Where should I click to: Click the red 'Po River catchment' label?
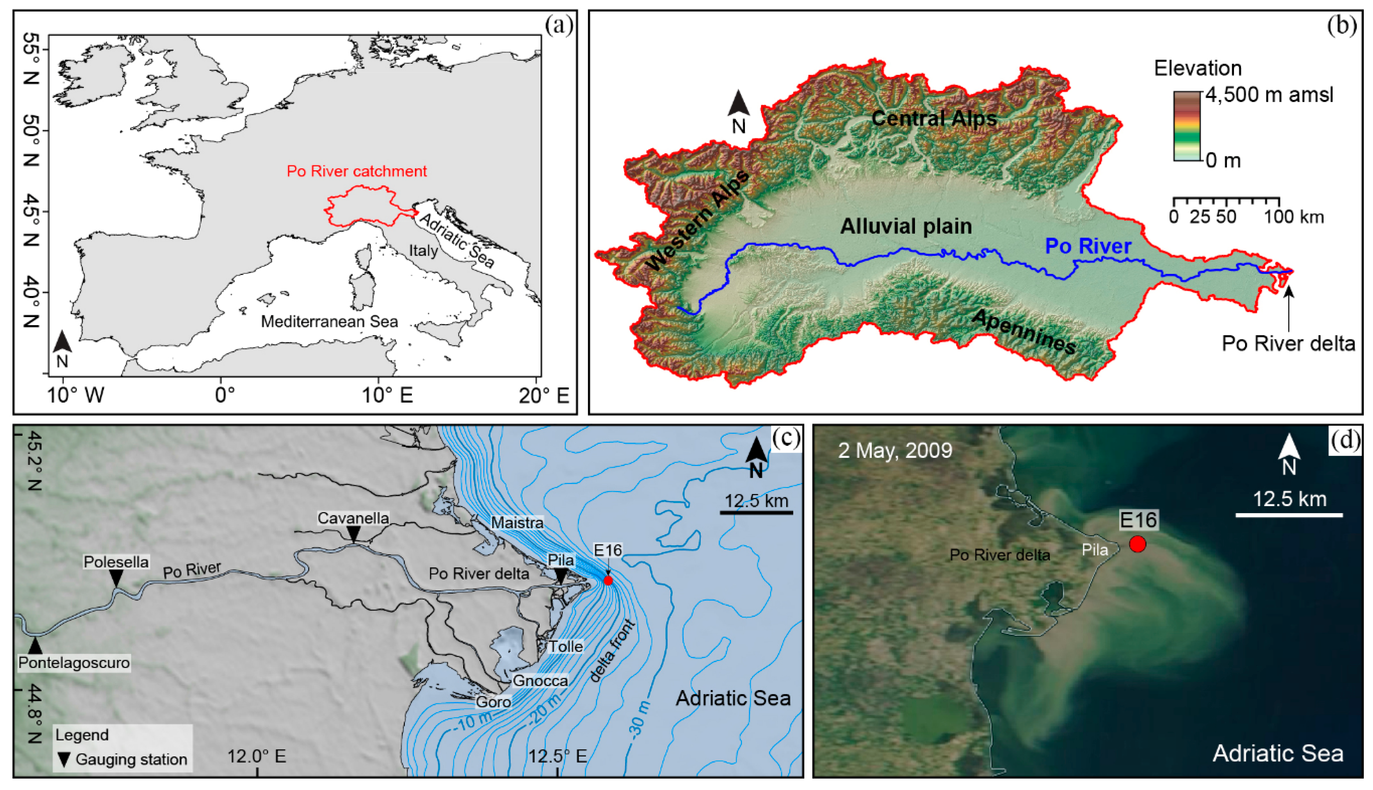coord(357,171)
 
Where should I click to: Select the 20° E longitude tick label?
coord(543,395)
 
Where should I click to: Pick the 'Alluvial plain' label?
coord(906,226)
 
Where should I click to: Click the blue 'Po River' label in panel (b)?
coord(1088,246)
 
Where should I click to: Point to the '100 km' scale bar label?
coord(1294,217)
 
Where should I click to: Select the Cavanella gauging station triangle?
coord(354,535)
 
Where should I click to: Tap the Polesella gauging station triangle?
coord(116,578)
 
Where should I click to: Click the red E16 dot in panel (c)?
coord(609,581)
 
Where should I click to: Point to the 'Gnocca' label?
coord(540,681)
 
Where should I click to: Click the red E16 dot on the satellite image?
coord(1137,544)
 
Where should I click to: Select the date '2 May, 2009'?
coord(895,450)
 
